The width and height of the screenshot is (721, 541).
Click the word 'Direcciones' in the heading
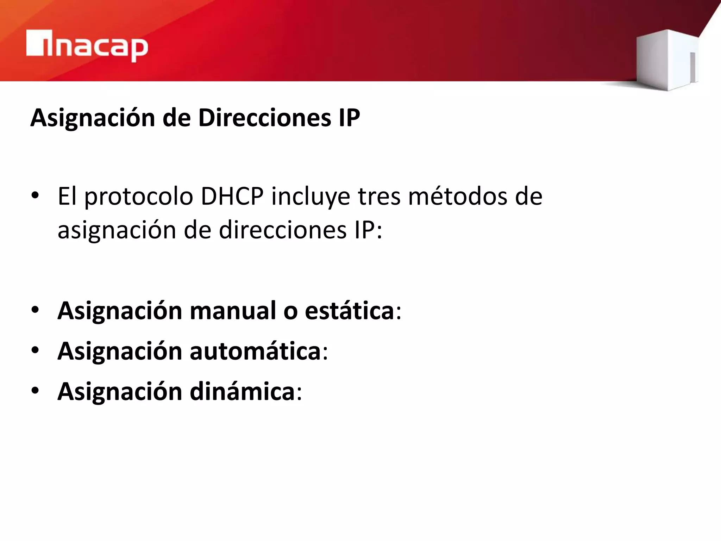pos(264,118)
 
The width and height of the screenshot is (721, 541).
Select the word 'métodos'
pos(458,196)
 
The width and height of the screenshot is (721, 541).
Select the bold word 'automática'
pos(255,351)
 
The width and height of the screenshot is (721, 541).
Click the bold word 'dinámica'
pos(242,391)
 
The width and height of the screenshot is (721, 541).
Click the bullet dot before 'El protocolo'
pos(35,195)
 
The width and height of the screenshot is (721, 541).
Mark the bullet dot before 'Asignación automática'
pos(35,350)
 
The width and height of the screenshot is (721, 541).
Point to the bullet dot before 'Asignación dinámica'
pos(35,391)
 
